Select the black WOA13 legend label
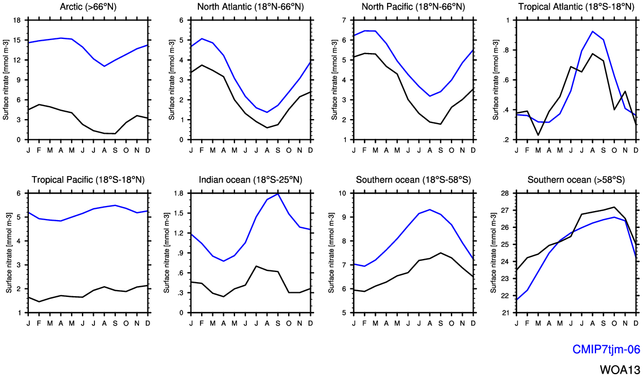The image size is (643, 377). pyautogui.click(x=620, y=370)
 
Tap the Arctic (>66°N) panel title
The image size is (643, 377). pyautogui.click(x=88, y=7)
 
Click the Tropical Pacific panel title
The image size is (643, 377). pyautogui.click(x=88, y=180)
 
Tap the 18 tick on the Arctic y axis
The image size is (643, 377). pyautogui.click(x=17, y=20)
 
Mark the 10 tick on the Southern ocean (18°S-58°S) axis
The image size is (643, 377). pyautogui.click(x=342, y=193)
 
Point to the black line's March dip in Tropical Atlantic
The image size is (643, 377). pyautogui.click(x=538, y=135)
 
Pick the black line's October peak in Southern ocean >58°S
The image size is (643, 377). pyautogui.click(x=614, y=207)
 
